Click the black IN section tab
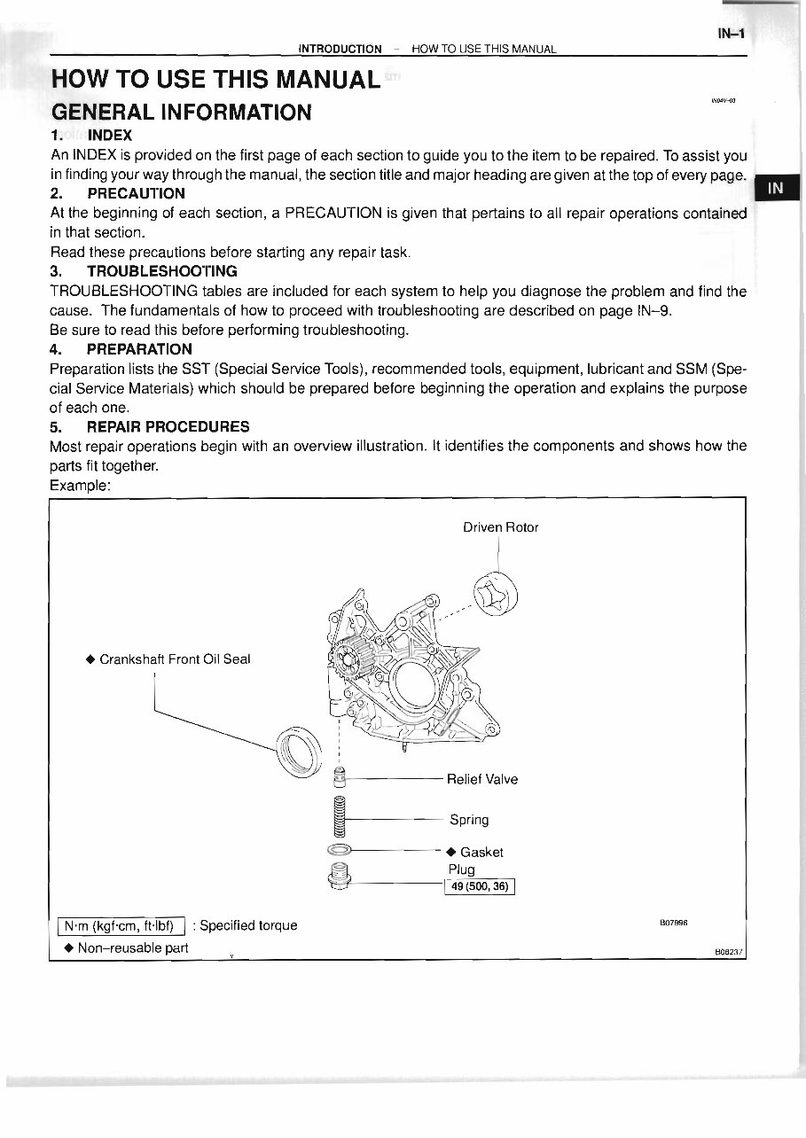[775, 188]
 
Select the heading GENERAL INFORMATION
[181, 113]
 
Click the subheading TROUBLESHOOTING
[161, 270]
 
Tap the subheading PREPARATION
[139, 348]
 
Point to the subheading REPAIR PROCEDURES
[168, 426]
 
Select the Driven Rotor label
[500, 527]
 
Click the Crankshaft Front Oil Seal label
[175, 659]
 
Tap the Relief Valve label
[481, 780]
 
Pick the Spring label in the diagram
[469, 820]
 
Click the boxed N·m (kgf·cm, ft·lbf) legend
[120, 926]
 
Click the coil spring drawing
[337, 816]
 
